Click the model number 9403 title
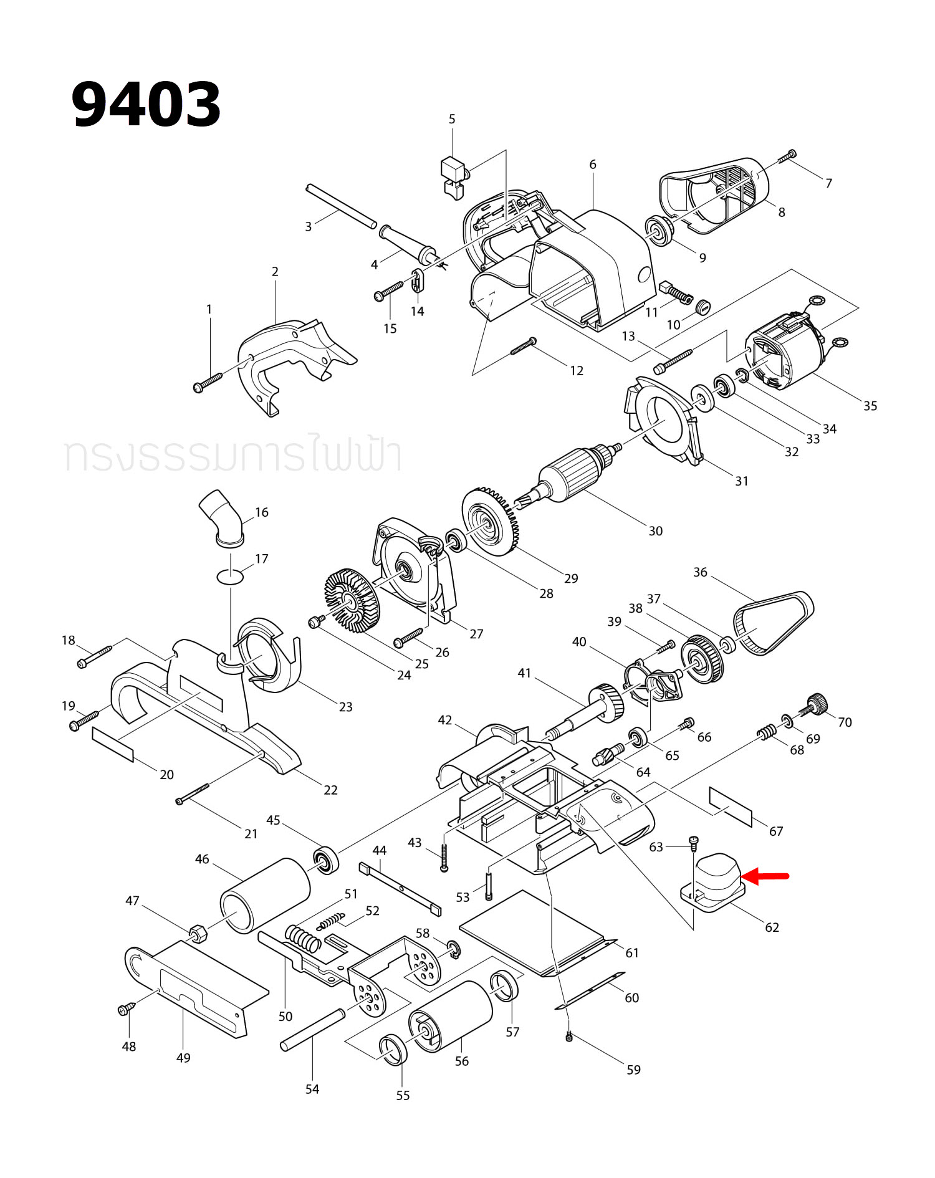146,105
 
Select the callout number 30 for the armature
655,531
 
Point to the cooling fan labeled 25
352,600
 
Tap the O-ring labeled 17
230,577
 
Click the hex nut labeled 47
198,933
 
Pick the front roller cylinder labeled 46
265,896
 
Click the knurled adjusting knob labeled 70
815,704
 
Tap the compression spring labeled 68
767,733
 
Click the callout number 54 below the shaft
312,1089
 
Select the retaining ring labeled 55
393,1050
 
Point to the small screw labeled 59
568,1037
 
